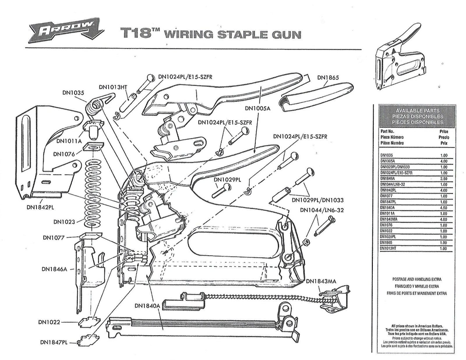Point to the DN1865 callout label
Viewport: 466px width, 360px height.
click(x=328, y=77)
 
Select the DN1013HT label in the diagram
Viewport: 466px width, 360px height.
click(x=113, y=87)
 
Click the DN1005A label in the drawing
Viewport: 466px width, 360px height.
click(x=257, y=108)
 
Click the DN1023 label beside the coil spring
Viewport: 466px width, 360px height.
click(x=64, y=222)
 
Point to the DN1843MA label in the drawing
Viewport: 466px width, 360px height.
click(x=321, y=281)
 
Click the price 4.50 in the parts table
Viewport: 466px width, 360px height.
click(x=443, y=207)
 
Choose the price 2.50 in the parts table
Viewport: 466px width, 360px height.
click(x=443, y=179)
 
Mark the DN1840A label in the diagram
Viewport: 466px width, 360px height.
click(x=147, y=306)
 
